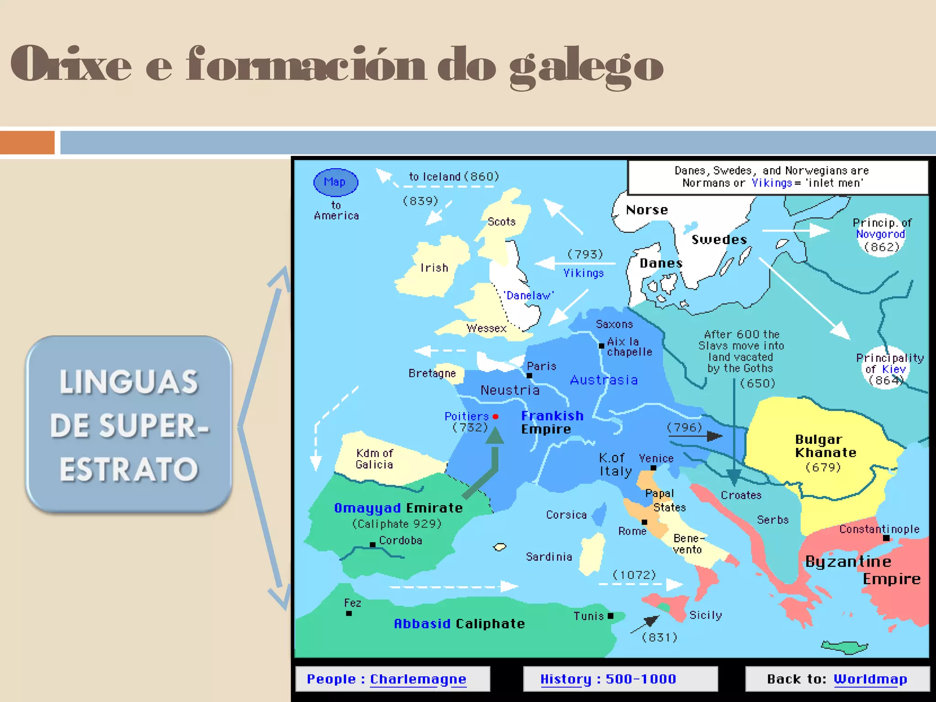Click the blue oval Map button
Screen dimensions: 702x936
pos(335,182)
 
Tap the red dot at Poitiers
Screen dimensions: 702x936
pos(495,416)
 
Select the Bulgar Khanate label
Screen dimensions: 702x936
pos(825,446)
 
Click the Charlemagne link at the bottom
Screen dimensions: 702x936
pos(418,679)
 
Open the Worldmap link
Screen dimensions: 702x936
pos(870,679)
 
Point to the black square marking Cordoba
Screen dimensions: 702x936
pos(372,544)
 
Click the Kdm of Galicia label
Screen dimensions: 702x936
pos(374,459)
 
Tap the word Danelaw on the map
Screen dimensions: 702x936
pos(528,296)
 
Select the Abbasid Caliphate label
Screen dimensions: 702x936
pos(459,624)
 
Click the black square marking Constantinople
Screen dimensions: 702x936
pos(886,538)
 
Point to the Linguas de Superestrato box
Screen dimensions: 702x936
pos(129,425)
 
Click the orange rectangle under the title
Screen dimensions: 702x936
pos(27,143)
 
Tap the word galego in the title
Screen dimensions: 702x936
pos(586,65)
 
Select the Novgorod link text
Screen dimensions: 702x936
pos(880,234)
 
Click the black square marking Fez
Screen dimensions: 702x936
pos(349,613)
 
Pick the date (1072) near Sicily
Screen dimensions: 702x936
pos(634,574)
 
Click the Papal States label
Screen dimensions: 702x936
pos(665,500)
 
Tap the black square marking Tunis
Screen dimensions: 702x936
pos(611,616)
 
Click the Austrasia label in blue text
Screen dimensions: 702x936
pos(604,380)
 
